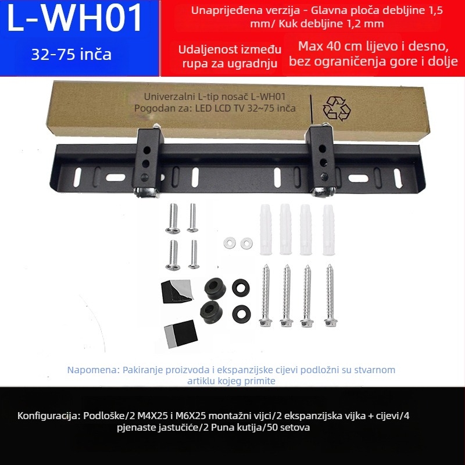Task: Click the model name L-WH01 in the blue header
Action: pyautogui.click(x=74, y=19)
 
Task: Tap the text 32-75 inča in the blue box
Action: pyautogui.click(x=71, y=55)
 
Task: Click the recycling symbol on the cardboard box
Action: pyautogui.click(x=337, y=109)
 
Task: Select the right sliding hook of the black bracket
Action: pyautogui.click(x=322, y=160)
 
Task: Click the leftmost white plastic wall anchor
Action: pyautogui.click(x=266, y=230)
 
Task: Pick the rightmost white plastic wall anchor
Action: pyautogui.click(x=328, y=230)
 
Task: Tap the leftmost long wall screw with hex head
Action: pyautogui.click(x=266, y=295)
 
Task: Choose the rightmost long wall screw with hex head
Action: pyautogui.click(x=330, y=295)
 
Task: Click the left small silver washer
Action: pyautogui.click(x=230, y=243)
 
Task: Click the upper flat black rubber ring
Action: pyautogui.click(x=241, y=287)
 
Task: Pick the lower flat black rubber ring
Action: pyautogui.click(x=241, y=314)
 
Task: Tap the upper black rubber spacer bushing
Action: pyautogui.click(x=215, y=288)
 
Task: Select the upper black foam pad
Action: pyautogui.click(x=177, y=291)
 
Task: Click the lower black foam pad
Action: pyautogui.click(x=181, y=334)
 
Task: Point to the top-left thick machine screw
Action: pyautogui.click(x=173, y=219)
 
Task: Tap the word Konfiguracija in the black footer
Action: pyautogui.click(x=49, y=416)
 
